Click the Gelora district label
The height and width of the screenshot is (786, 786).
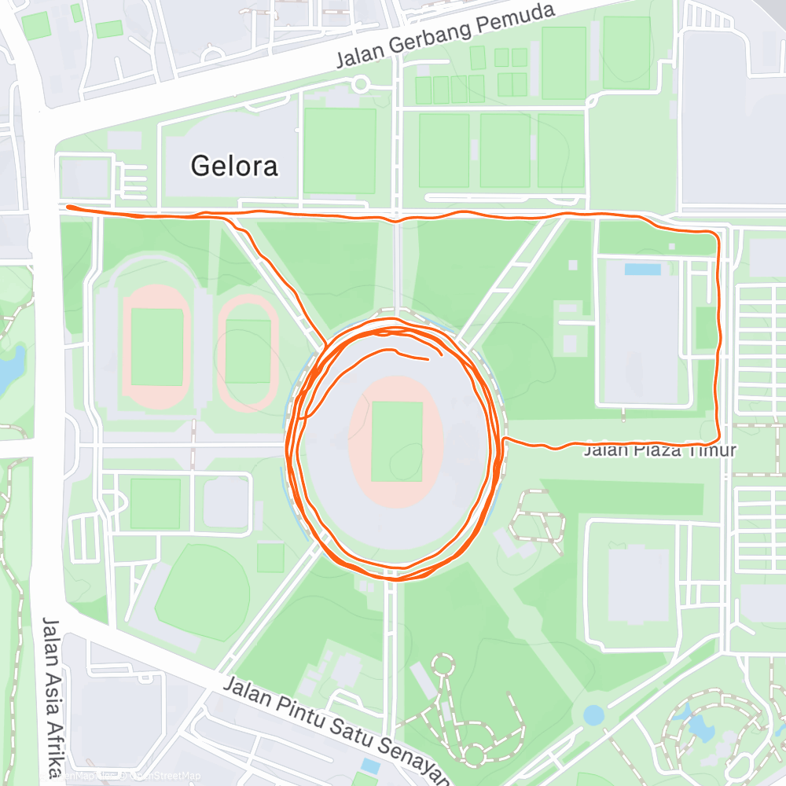click(x=235, y=167)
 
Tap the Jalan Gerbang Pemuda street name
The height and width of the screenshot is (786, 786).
click(x=446, y=35)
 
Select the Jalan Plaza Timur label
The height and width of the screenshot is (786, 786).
click(x=660, y=451)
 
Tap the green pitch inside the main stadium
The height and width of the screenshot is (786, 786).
click(x=396, y=442)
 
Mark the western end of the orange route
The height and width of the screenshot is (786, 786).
click(x=68, y=207)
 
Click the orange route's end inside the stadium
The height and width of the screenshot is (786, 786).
click(x=428, y=359)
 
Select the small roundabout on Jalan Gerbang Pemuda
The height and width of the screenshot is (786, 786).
click(x=360, y=83)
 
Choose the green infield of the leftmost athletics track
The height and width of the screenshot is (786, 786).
click(x=157, y=347)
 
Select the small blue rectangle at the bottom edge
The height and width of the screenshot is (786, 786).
click(x=369, y=766)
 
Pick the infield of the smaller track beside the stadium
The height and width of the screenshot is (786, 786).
click(x=248, y=351)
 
